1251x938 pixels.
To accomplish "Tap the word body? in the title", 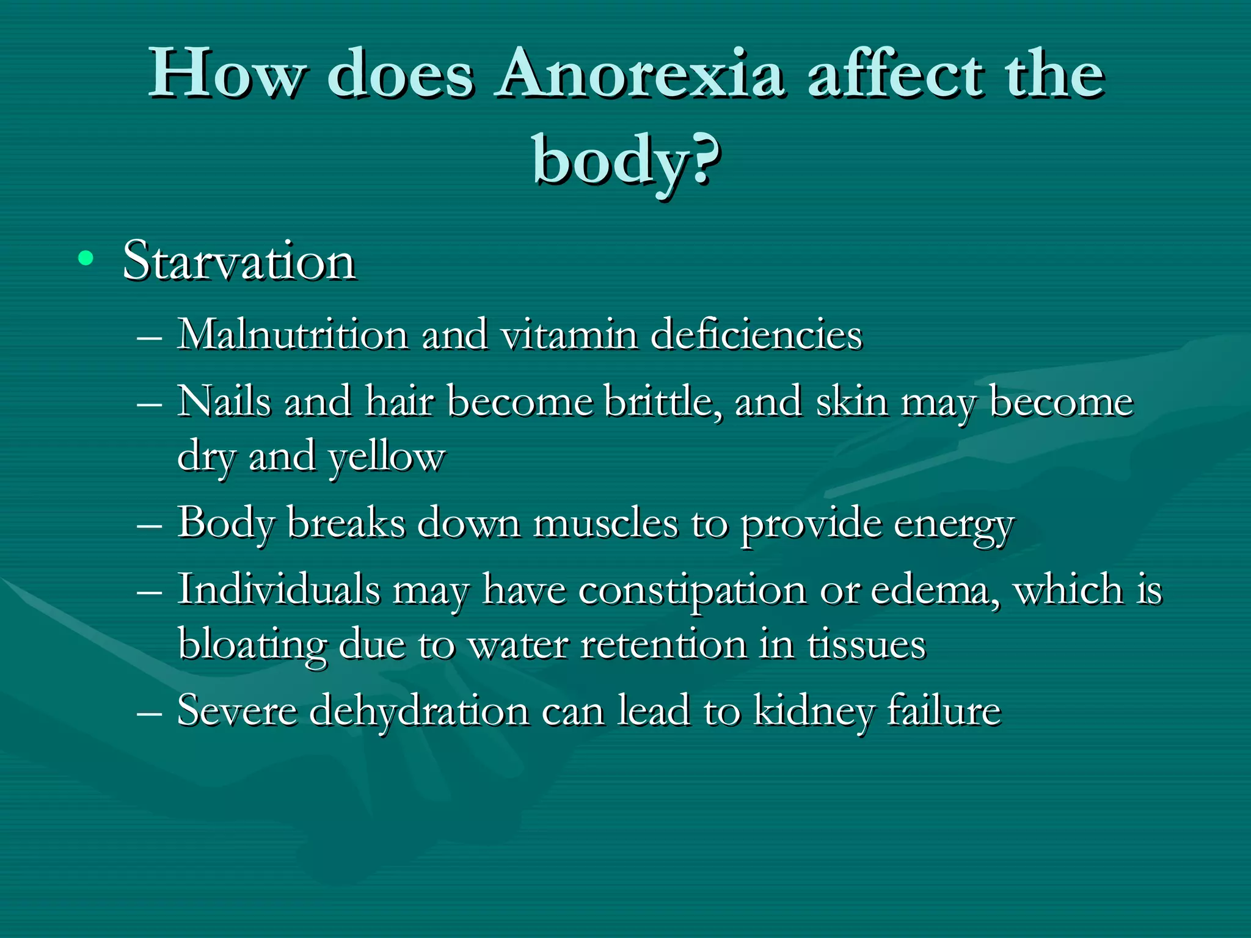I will click(x=626, y=160).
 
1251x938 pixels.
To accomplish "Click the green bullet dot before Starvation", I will click(x=86, y=259).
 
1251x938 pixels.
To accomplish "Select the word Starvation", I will click(x=239, y=261).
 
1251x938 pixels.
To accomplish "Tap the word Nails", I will click(x=224, y=402).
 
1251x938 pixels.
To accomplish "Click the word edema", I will click(x=935, y=591).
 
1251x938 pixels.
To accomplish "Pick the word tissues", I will click(x=866, y=645).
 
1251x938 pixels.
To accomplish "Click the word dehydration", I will click(x=419, y=711).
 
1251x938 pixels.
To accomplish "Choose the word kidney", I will click(x=813, y=712).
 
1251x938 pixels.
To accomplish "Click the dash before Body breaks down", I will click(x=150, y=525).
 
